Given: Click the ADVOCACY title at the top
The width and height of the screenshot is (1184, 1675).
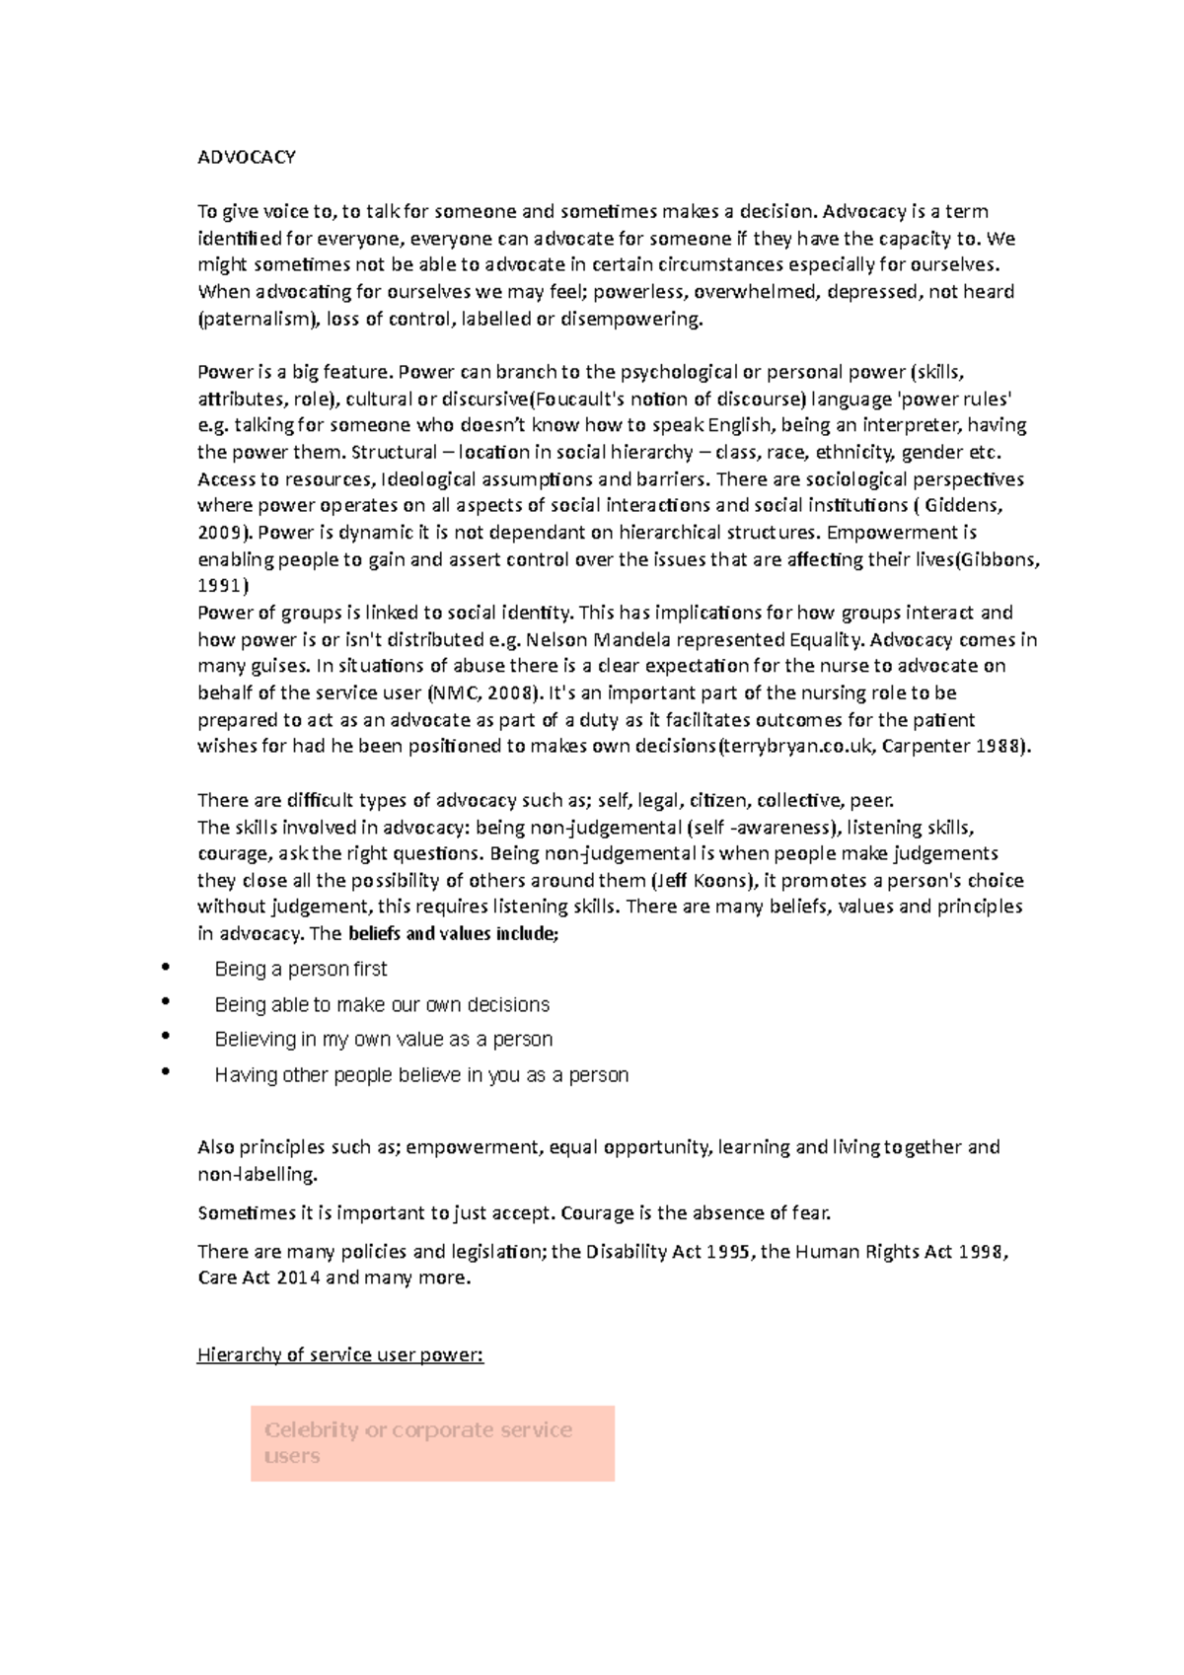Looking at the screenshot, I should (x=247, y=158).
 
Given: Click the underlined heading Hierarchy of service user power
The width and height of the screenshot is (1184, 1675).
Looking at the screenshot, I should (x=340, y=1354).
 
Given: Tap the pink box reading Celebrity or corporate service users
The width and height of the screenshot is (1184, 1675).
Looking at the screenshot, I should (x=432, y=1443).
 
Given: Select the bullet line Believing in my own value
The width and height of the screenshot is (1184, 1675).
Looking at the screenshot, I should (x=383, y=1039).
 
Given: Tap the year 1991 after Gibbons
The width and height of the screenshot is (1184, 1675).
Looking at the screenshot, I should (x=221, y=586).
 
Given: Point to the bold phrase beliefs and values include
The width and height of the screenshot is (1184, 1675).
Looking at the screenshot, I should (x=453, y=933).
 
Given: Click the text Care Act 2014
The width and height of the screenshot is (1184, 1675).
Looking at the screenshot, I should (x=258, y=1277).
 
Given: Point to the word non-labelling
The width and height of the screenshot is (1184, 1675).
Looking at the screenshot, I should (x=257, y=1174).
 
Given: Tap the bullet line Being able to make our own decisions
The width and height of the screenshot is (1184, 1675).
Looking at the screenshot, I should (x=382, y=1004).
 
